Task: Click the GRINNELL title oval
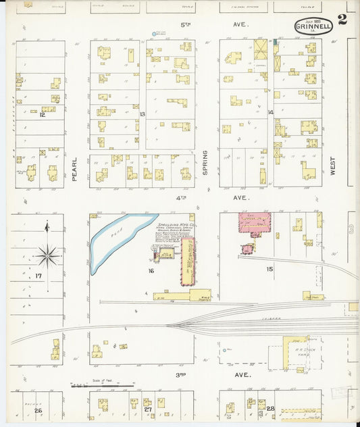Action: click(313, 26)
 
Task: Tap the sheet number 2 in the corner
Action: click(342, 20)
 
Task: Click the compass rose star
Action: click(47, 255)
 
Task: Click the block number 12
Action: click(42, 115)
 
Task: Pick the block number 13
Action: click(143, 114)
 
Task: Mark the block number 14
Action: click(270, 112)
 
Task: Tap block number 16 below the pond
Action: click(151, 271)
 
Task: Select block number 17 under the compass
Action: click(38, 276)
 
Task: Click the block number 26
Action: click(38, 410)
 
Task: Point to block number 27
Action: click(147, 409)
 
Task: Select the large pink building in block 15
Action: click(254, 224)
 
